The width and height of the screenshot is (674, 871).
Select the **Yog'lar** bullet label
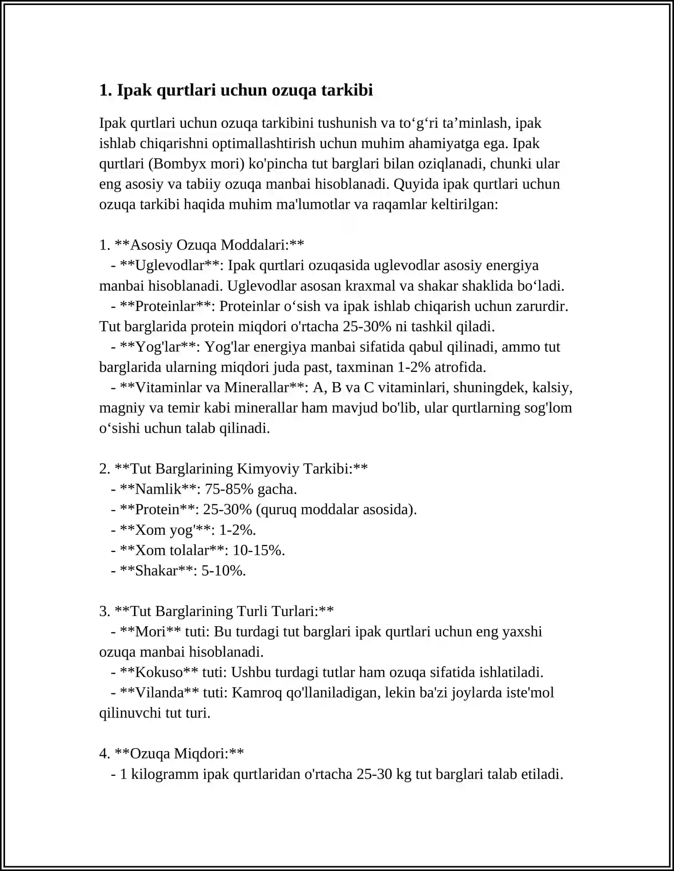[157, 347]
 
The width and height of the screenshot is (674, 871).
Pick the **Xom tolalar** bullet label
[171, 550]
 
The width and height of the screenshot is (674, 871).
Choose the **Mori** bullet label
[150, 632]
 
